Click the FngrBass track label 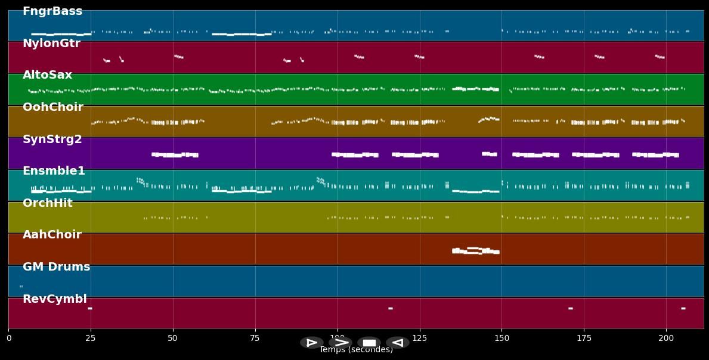pos(52,11)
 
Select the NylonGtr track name pos(51,44)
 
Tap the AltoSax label pos(47,75)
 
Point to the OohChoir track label pos(52,107)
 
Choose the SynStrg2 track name pos(52,139)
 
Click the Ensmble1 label pos(54,171)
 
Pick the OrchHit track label pos(47,203)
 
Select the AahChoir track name pos(52,235)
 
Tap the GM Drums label pos(56,267)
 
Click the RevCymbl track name pos(54,299)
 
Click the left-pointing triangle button pos(397,343)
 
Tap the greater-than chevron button pos(340,343)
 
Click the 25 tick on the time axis pos(91,338)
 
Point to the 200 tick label pos(666,338)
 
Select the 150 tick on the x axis pos(501,338)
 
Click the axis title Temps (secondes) pos(356,350)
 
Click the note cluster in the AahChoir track pos(475,250)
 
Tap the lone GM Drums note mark pos(21,286)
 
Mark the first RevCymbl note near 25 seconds pos(89,308)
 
